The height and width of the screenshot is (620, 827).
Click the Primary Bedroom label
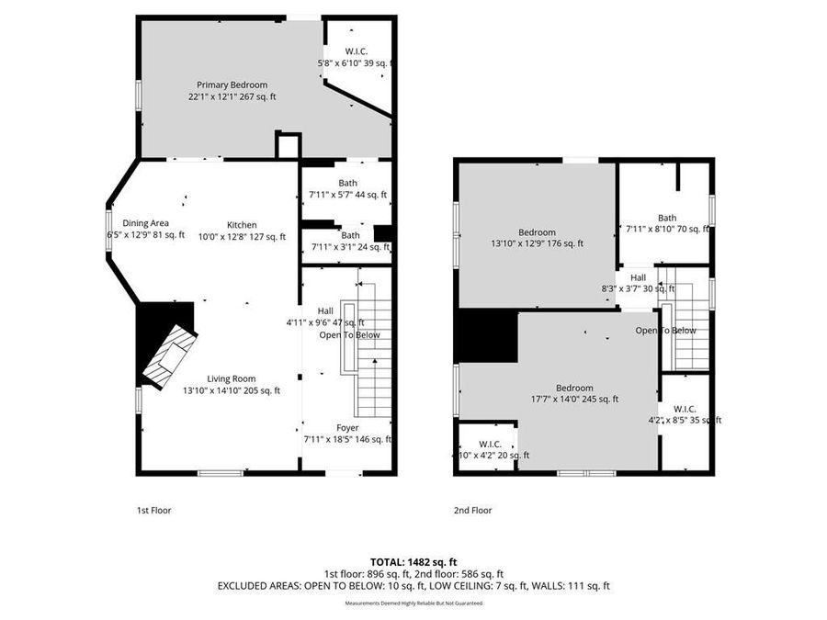[x=232, y=85]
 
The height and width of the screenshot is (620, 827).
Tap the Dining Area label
[x=145, y=224]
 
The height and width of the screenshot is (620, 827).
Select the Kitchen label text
[x=243, y=225]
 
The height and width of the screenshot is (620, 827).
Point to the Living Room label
[x=231, y=378]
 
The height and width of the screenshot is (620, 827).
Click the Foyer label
[x=347, y=428]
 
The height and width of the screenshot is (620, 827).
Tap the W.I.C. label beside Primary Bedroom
[x=357, y=51]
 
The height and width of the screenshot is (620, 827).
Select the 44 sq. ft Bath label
[x=347, y=184]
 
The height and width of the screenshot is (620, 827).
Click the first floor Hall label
[x=325, y=310]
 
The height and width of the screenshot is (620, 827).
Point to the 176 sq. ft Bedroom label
[x=537, y=232]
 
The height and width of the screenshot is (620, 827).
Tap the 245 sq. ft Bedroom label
[x=574, y=389]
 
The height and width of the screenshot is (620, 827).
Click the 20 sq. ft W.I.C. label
[x=490, y=444]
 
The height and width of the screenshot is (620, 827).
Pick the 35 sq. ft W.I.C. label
[x=685, y=409]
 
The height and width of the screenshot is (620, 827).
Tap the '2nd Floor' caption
[x=473, y=510]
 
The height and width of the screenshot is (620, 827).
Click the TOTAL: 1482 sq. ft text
[x=413, y=560]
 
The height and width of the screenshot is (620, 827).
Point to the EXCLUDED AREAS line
[x=413, y=585]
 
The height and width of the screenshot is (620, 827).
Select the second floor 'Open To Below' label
[x=665, y=331]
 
